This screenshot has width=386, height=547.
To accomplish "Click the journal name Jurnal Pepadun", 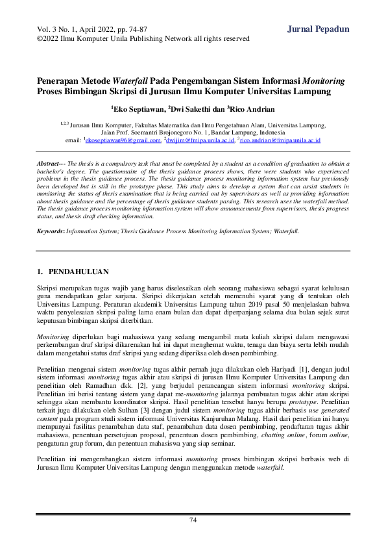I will [318, 29].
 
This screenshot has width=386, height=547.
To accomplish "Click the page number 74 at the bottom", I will [193, 520].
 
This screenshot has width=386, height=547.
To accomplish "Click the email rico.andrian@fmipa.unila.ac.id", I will [280, 140].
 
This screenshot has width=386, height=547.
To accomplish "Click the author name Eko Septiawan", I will [138, 108].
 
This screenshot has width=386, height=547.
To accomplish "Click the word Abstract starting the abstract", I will [49, 165].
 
